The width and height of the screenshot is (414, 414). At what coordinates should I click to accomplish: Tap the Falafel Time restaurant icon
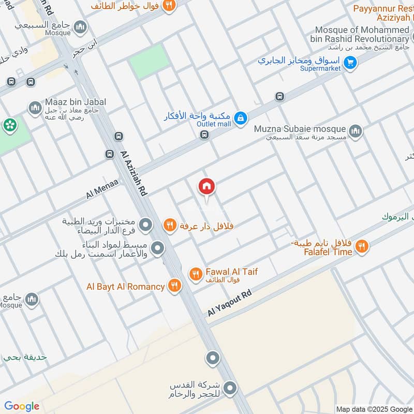362,247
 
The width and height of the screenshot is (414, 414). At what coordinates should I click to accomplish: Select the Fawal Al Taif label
231,271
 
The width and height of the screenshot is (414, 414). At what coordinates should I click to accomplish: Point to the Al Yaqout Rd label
229,303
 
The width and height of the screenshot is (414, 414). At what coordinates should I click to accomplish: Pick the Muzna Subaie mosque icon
355,131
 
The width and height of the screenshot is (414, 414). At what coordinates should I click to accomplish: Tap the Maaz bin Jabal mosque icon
35,108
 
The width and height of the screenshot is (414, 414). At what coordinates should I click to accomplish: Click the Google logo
22,406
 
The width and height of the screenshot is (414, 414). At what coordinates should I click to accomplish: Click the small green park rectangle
149,61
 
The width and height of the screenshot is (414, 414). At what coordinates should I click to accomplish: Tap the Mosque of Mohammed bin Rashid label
362,35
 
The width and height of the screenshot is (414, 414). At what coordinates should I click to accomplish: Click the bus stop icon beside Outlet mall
204,135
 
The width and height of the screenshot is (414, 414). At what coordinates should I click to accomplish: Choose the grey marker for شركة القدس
231,388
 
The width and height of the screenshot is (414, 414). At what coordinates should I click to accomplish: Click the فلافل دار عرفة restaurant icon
169,226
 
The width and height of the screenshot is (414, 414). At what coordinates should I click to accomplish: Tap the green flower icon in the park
9,125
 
